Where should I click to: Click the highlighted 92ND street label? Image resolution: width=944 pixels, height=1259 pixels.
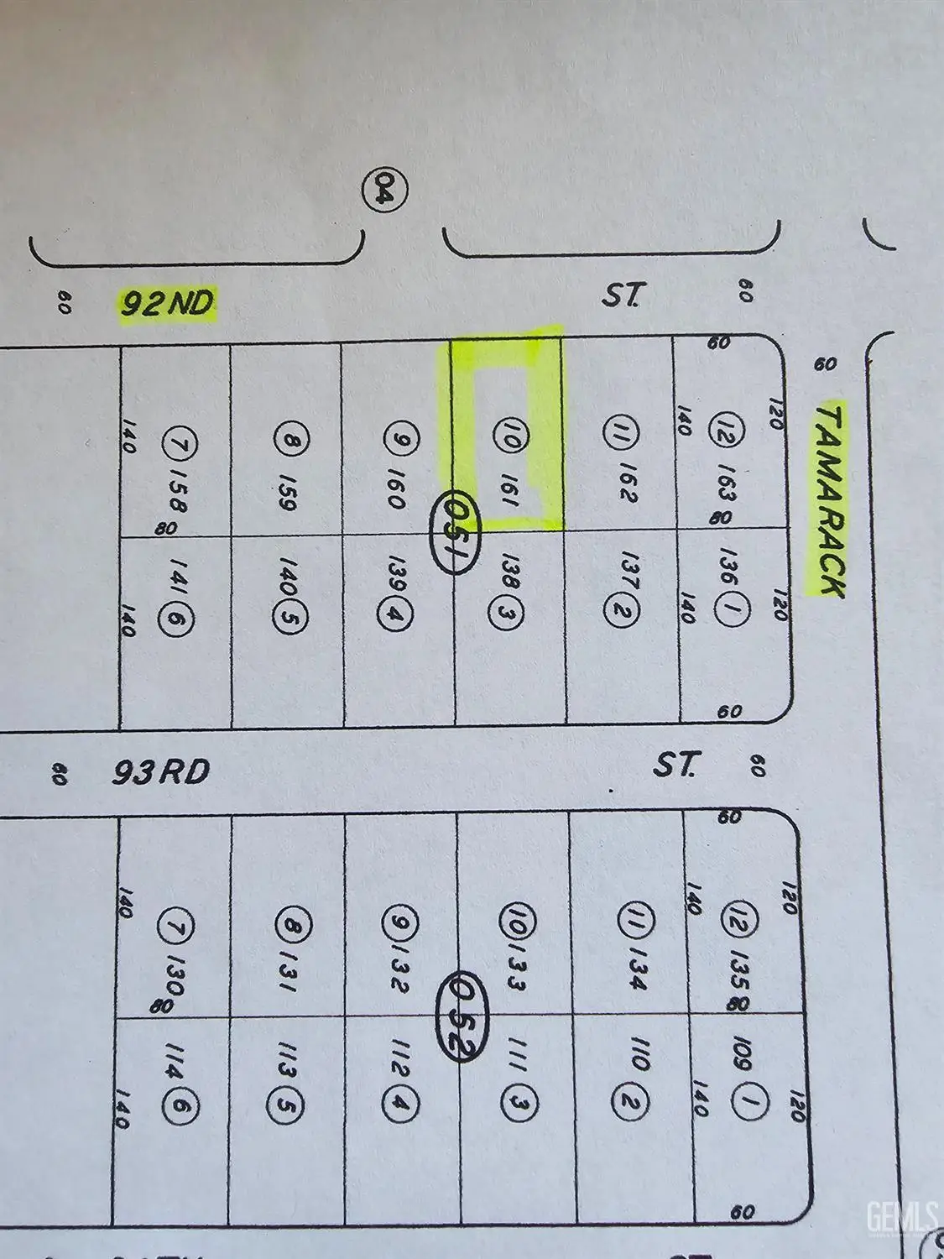pos(166,303)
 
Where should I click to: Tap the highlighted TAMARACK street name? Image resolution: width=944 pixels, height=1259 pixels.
pos(829,500)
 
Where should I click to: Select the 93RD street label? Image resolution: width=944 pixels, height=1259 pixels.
pos(161,772)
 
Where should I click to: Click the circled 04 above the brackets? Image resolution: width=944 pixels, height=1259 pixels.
pos(387,189)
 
